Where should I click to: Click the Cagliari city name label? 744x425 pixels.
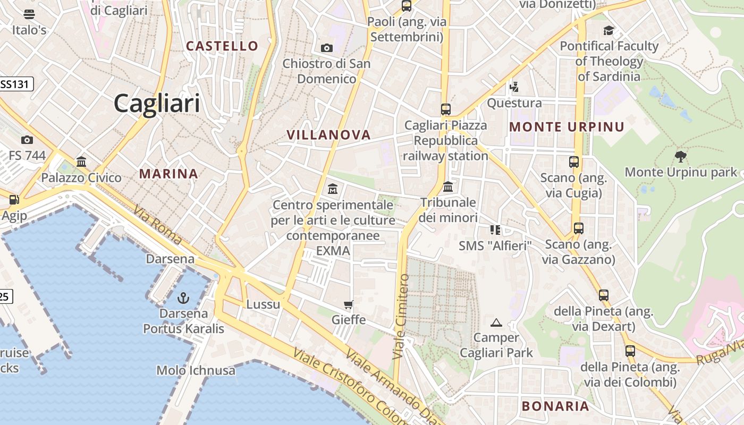pos(157,103)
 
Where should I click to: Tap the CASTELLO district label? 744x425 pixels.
pos(222,46)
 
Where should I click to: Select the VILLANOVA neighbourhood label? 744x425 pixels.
pos(328,135)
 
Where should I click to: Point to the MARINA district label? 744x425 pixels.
pos(168,174)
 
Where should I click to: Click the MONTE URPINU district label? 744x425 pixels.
pos(567,127)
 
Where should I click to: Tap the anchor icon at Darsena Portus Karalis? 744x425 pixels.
pos(183,297)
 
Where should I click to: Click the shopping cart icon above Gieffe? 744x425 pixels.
pos(349,304)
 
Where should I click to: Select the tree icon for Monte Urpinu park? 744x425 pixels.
pos(680,156)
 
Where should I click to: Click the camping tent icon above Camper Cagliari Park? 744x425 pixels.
pos(496,322)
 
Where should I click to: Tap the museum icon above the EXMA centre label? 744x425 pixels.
pos(333,189)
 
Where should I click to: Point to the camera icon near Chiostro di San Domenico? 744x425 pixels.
pos(327,48)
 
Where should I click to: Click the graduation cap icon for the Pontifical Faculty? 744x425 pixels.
pos(608,31)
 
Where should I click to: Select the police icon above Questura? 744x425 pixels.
pos(514,87)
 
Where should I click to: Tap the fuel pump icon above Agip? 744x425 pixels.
pos(14,200)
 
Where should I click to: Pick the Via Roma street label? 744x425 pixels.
pos(158,225)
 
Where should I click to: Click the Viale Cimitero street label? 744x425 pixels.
pos(401,317)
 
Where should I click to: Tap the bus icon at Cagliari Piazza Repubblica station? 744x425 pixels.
pos(445,109)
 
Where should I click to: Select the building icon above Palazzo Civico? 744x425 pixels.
pos(81,161)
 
